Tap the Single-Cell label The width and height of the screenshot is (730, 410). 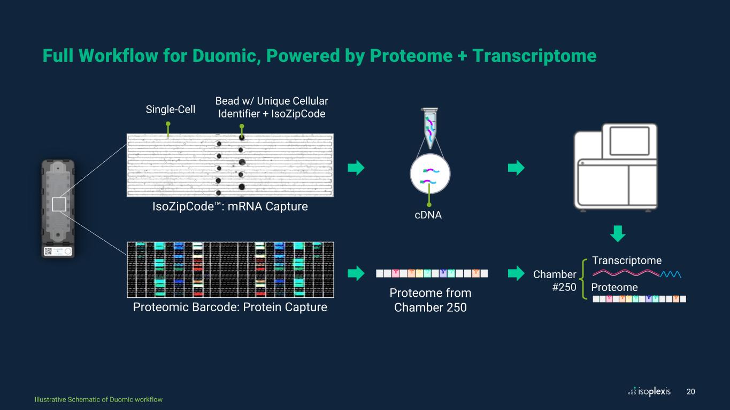[x=171, y=109]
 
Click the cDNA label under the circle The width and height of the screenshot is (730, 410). [x=428, y=215]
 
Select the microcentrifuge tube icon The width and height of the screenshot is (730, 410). [x=430, y=127]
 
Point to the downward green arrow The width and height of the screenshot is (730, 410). [x=617, y=233]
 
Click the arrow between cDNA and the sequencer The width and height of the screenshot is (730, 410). [x=516, y=168]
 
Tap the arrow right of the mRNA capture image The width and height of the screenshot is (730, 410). [x=356, y=168]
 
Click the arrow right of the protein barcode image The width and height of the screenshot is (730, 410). [x=356, y=273]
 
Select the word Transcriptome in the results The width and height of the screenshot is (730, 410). [x=627, y=261]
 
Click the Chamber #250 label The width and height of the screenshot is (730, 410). [x=555, y=280]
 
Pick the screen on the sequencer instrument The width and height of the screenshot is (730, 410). [x=629, y=141]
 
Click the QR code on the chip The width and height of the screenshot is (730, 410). [x=48, y=251]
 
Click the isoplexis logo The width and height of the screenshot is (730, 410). [x=649, y=391]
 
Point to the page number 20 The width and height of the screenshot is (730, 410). [x=690, y=392]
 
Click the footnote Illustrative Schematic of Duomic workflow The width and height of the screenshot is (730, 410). [x=98, y=399]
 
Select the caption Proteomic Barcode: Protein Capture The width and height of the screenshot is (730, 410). [x=230, y=307]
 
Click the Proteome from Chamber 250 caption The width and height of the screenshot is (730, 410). [x=430, y=300]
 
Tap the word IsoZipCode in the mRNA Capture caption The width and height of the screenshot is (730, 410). [x=183, y=207]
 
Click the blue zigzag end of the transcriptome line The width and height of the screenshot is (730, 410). [x=671, y=274]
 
